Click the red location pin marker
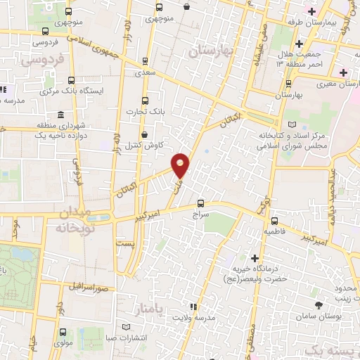pos(181,165)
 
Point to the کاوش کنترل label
pos(148,144)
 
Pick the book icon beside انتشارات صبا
pos(126,328)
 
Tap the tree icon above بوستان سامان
pos(320,304)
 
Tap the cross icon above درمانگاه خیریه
pos(255,258)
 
